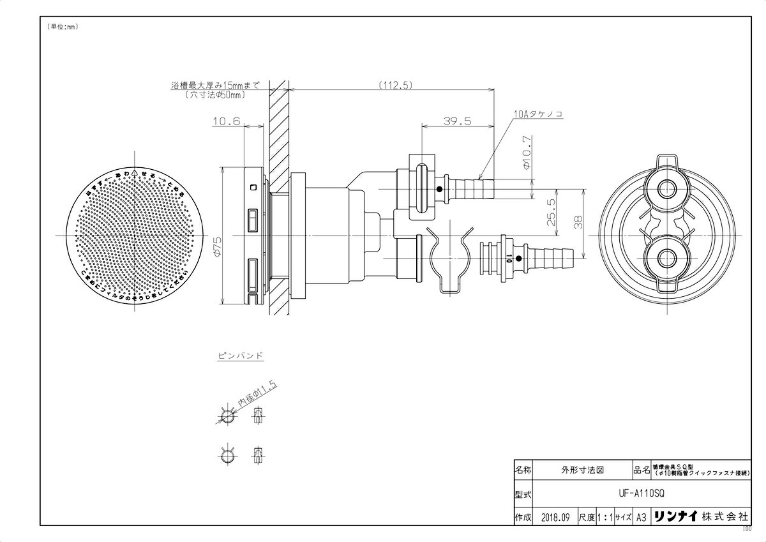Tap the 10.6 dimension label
228,121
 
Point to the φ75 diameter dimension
217,246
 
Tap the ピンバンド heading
241,356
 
